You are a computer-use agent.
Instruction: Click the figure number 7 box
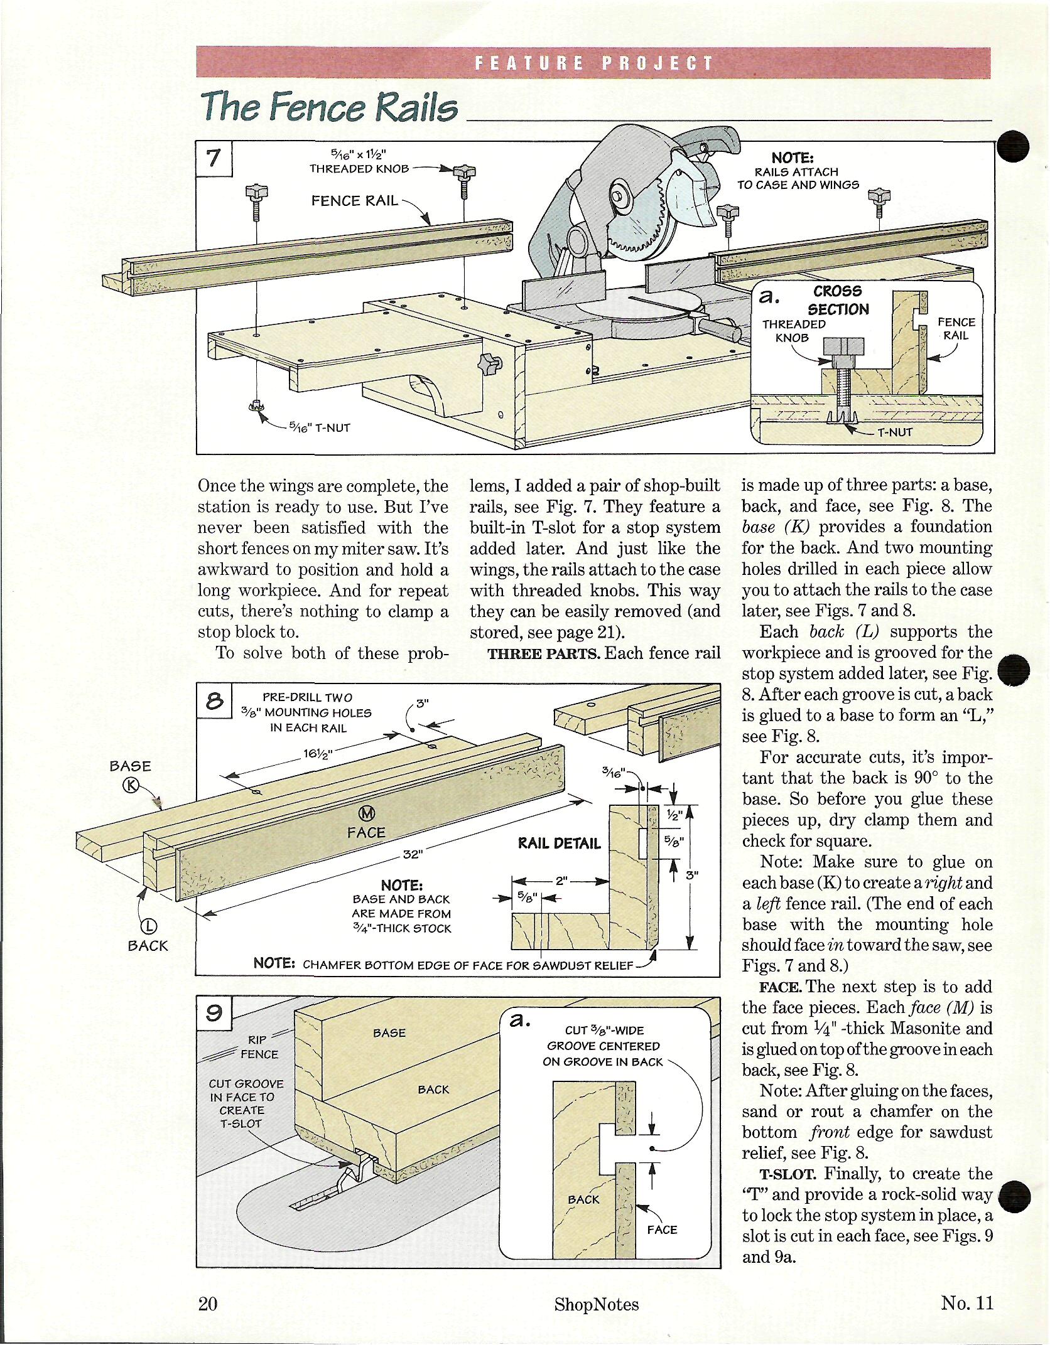[214, 158]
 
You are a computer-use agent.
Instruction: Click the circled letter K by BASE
[131, 785]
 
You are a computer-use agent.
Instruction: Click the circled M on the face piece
[366, 814]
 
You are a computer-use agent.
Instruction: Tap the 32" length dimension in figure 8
[412, 854]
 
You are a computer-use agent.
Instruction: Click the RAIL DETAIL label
[558, 844]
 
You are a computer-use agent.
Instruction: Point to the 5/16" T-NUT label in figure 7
[319, 428]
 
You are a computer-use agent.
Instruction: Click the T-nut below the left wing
[256, 406]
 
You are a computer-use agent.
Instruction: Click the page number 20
[208, 1304]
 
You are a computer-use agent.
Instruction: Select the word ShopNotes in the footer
[596, 1304]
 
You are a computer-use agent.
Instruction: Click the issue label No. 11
[966, 1303]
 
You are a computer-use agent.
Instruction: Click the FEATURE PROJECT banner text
[593, 63]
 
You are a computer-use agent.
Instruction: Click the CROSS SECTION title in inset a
[838, 300]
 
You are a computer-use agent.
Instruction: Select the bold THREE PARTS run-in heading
[543, 653]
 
